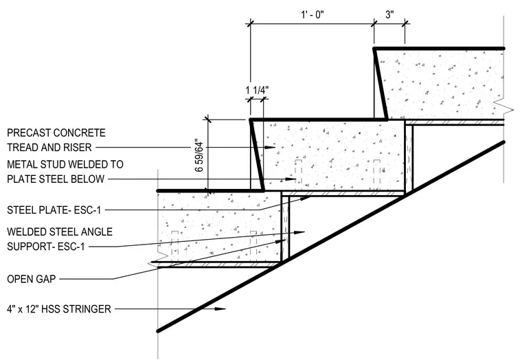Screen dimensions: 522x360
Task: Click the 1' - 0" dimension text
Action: pos(313,15)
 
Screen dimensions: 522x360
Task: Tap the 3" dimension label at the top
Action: pos(389,15)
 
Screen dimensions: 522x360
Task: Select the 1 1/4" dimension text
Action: pos(257,90)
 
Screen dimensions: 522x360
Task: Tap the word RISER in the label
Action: pos(78,147)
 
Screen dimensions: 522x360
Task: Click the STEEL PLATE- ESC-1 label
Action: pos(54,210)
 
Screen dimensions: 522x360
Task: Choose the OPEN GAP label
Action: pos(32,279)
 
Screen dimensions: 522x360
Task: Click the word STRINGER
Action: pos(87,309)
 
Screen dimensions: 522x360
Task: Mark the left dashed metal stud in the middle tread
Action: pos(299,172)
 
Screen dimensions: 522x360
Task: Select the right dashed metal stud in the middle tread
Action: pos(377,172)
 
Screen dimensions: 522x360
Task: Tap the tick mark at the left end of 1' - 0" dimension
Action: pos(250,23)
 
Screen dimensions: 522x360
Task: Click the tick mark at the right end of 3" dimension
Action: pos(405,23)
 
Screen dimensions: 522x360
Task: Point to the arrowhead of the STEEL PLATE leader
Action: pos(305,199)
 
